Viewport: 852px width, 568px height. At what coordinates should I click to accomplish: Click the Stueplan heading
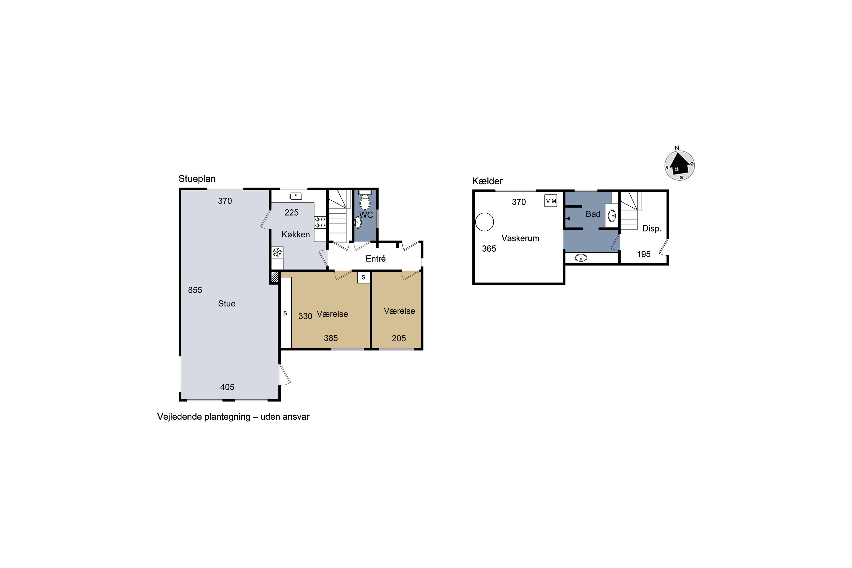pyautogui.click(x=197, y=179)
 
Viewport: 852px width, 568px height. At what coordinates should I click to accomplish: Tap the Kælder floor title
pyautogui.click(x=487, y=181)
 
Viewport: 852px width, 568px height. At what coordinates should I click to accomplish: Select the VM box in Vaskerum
pyautogui.click(x=551, y=201)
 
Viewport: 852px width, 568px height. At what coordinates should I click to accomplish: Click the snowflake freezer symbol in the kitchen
pyautogui.click(x=277, y=252)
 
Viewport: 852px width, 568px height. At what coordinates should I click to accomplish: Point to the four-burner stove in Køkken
pyautogui.click(x=320, y=222)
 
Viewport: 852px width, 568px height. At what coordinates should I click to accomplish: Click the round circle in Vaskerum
pyautogui.click(x=484, y=222)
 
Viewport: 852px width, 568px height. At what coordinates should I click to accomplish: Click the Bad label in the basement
pyautogui.click(x=593, y=214)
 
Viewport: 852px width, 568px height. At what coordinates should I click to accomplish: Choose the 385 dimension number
pyautogui.click(x=331, y=338)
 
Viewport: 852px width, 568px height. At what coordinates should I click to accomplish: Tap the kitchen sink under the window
pyautogui.click(x=296, y=196)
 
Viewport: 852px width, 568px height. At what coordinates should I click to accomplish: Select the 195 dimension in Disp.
pyautogui.click(x=644, y=254)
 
